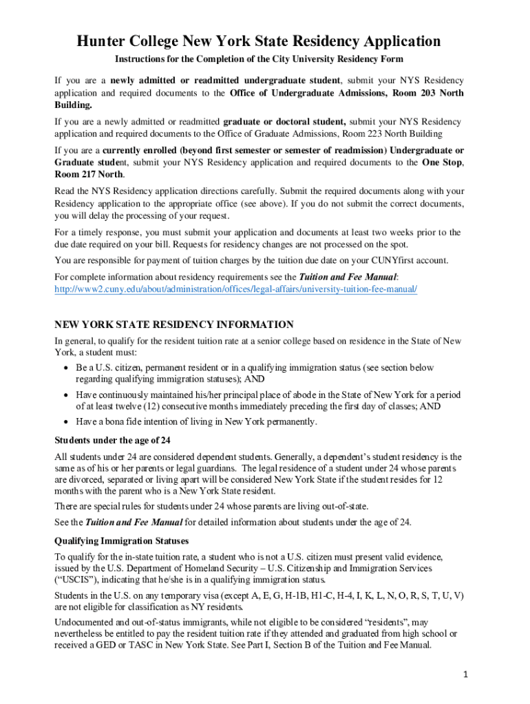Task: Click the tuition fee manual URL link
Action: click(x=236, y=289)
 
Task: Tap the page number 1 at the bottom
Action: click(x=465, y=674)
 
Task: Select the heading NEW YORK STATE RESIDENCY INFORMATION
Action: click(x=174, y=324)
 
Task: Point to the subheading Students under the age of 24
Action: click(x=112, y=440)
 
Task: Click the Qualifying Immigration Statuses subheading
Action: click(x=121, y=541)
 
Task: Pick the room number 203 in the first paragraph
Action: click(x=416, y=93)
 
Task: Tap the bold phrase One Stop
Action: click(x=442, y=163)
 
